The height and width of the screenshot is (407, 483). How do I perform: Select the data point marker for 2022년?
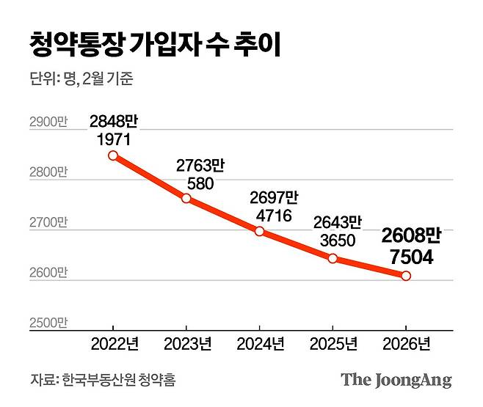112,155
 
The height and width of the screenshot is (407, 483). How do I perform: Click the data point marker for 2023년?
186,198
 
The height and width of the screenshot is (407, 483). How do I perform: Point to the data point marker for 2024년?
259,231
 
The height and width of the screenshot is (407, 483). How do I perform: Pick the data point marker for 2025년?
333,258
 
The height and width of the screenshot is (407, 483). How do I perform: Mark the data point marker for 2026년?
406,276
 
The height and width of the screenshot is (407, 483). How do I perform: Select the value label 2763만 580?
200,174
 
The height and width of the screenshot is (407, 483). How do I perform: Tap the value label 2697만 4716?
274,206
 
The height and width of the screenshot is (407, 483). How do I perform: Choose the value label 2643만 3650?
337,231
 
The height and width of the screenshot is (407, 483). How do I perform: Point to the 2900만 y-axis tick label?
48,122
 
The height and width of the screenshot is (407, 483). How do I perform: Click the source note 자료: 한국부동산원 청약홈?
103,381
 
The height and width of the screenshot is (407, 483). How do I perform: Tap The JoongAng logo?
396,380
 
